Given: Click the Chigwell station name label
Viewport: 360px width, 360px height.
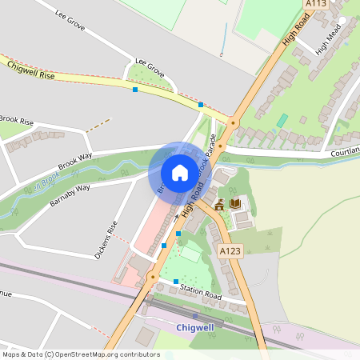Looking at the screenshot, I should click(x=195, y=329).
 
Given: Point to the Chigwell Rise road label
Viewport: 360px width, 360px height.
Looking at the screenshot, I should click(x=30, y=69).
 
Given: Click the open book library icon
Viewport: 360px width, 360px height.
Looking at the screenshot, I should click(x=235, y=204).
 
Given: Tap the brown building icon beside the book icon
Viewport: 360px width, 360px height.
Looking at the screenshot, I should click(x=219, y=205).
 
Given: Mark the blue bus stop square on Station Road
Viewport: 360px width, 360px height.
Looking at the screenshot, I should click(x=176, y=282).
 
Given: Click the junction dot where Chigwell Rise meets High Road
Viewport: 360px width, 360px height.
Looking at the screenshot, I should click(x=233, y=122).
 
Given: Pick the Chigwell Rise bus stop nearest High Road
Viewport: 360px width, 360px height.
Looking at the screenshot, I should click(x=200, y=105).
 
